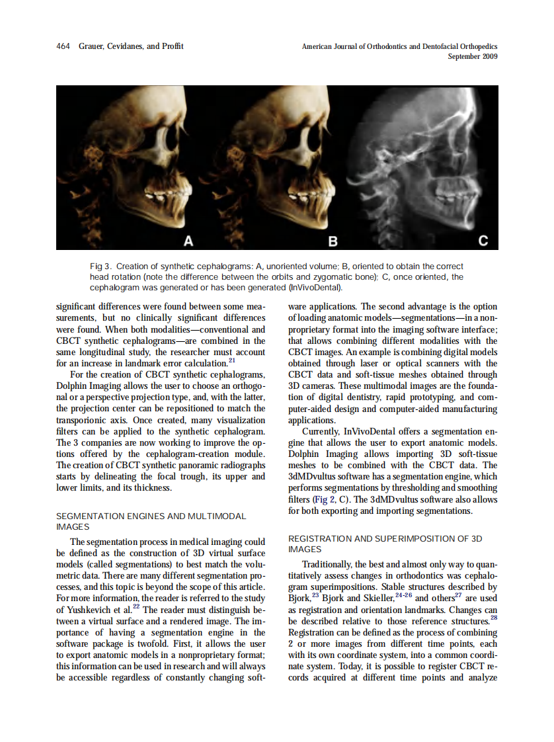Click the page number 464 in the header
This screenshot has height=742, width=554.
[63, 46]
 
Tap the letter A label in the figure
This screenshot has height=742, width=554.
[188, 241]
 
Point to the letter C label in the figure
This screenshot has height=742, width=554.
[483, 241]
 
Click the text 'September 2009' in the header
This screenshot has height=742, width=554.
[473, 57]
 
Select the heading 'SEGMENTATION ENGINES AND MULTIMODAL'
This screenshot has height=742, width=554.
[151, 516]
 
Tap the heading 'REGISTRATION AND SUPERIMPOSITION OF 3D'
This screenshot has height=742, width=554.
[385, 538]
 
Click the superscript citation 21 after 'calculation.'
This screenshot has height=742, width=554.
[232, 360]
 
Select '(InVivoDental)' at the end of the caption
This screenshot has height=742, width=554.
[315, 288]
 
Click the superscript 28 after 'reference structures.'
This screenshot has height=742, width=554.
[493, 618]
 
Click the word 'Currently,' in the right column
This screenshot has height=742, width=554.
[322, 432]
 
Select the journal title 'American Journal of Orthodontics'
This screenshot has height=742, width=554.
[360, 47]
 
